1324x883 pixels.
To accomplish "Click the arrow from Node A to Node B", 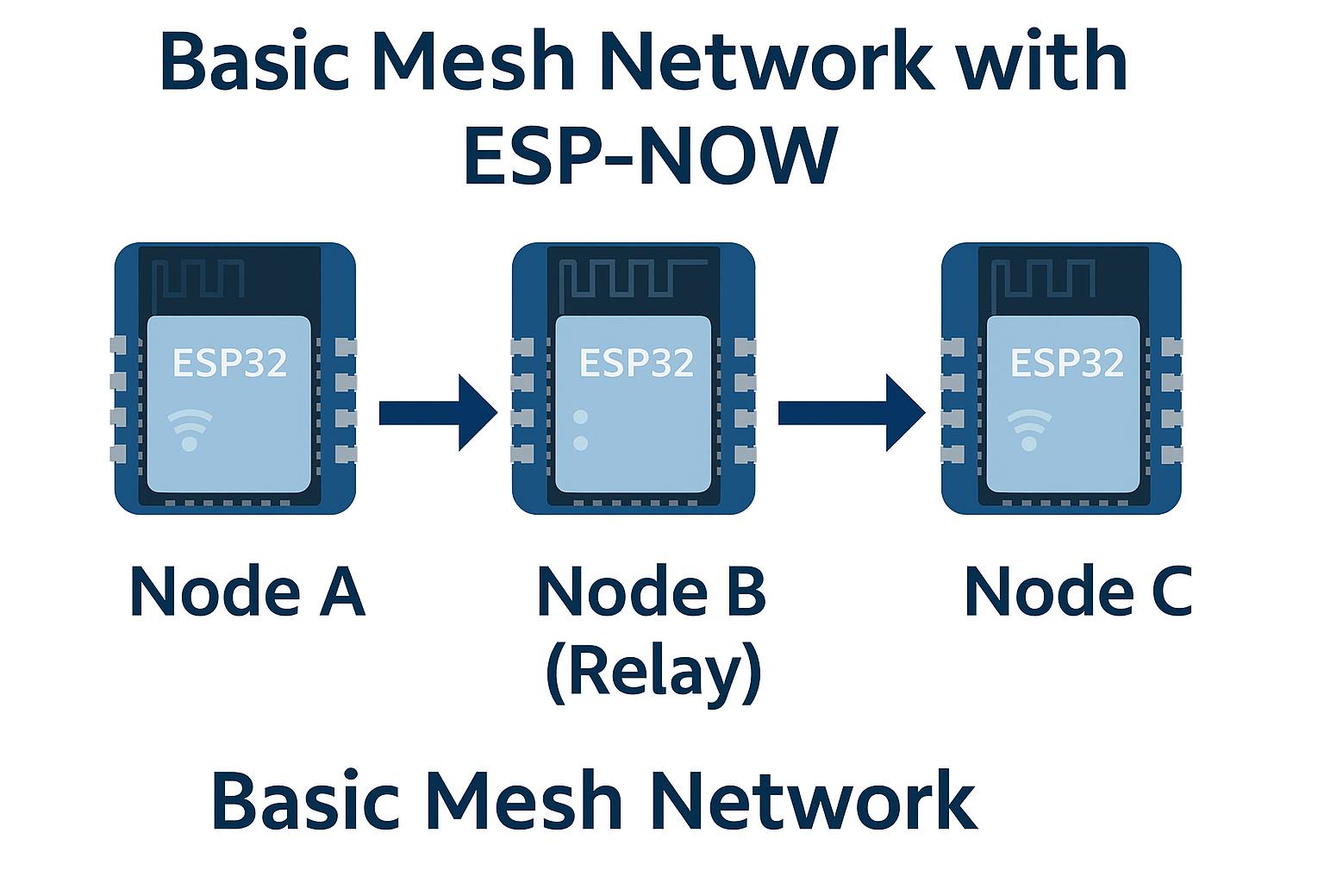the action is click(438, 413).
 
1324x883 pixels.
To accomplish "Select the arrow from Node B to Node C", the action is click(852, 413).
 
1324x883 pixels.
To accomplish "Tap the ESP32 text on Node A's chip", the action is click(230, 362).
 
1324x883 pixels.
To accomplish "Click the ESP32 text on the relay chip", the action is click(637, 362).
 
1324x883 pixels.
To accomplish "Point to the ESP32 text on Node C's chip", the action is click(1067, 362).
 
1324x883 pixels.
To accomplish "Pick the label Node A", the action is click(247, 592).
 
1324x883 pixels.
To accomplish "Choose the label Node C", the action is click(1078, 592).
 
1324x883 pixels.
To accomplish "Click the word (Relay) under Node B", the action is click(653, 674).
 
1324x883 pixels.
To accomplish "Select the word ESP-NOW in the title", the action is click(651, 155).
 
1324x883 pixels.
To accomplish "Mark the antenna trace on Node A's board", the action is click(198, 278).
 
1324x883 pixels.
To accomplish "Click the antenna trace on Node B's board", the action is click(633, 278).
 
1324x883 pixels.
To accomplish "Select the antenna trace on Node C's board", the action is click(1043, 278).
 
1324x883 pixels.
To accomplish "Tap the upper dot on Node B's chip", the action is click(580, 417).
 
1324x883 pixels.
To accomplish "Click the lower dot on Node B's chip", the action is click(580, 443).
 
